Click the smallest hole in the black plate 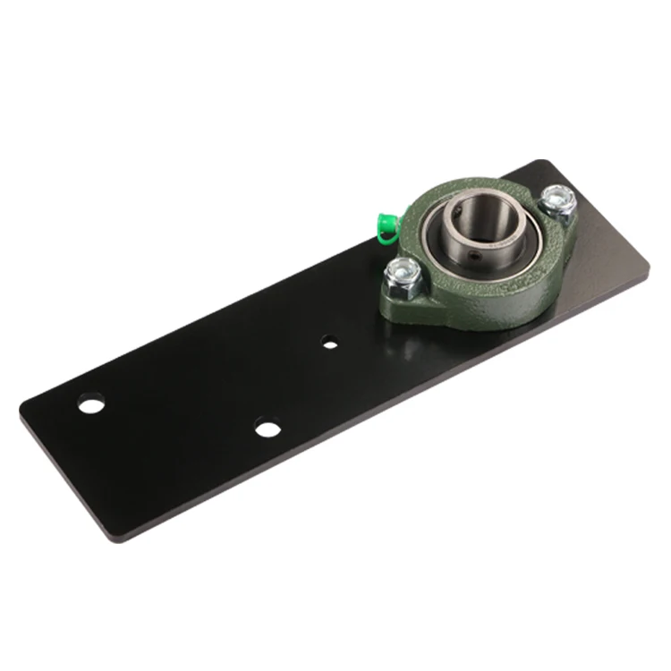(330, 342)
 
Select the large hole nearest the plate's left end (89, 404)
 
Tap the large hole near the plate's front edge (267, 427)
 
